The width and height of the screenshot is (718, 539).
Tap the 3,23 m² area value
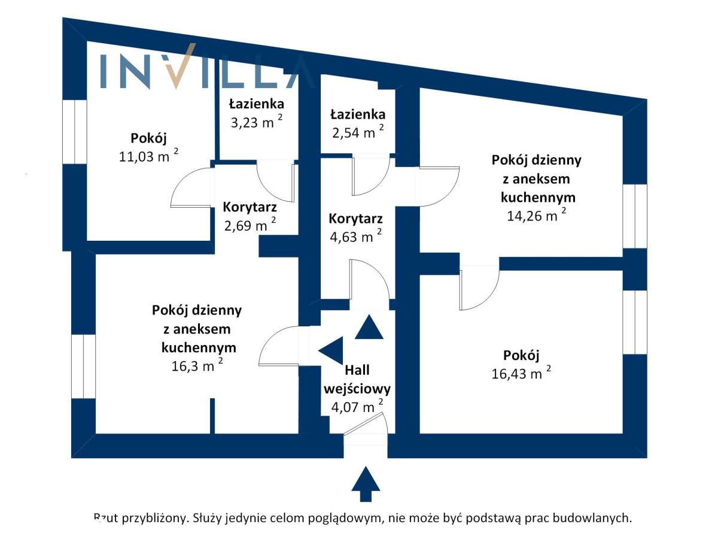(256, 122)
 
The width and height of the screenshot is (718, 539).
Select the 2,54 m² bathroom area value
(358, 132)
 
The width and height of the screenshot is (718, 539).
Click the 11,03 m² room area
(148, 156)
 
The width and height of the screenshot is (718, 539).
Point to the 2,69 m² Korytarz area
(250, 225)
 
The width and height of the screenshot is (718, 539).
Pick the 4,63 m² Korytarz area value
(355, 236)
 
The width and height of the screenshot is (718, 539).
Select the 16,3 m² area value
(197, 365)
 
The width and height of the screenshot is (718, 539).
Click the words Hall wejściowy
(357, 380)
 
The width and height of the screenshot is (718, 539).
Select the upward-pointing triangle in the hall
(369, 327)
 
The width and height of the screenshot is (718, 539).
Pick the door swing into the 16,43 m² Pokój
(479, 289)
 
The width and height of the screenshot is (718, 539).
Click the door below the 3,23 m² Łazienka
(276, 181)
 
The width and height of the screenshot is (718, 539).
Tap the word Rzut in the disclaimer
(106, 518)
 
